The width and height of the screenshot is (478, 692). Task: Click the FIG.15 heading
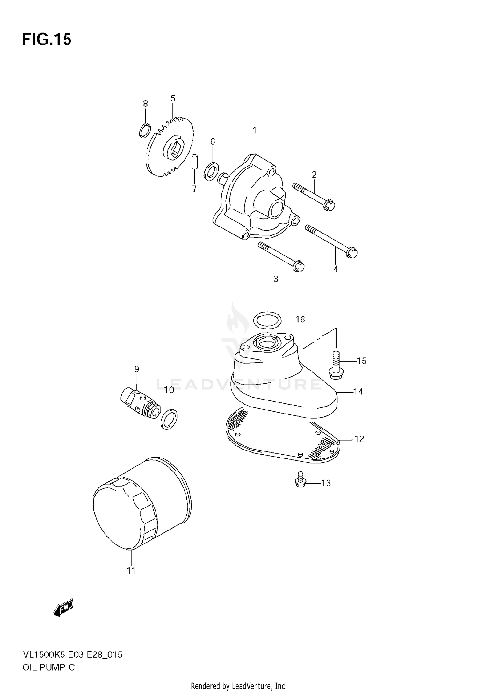(x=47, y=40)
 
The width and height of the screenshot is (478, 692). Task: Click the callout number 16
(x=300, y=319)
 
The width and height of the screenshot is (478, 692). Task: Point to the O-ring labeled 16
(x=267, y=320)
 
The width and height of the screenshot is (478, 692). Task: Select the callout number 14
(x=358, y=392)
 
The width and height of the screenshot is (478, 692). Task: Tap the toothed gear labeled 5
(x=170, y=148)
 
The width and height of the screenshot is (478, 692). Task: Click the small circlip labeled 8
(x=145, y=131)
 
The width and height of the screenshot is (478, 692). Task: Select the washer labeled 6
(x=211, y=171)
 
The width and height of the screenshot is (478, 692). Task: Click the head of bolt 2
(x=329, y=205)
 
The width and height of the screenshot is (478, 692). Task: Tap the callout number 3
(x=276, y=279)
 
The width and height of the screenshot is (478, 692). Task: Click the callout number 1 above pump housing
(x=254, y=130)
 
